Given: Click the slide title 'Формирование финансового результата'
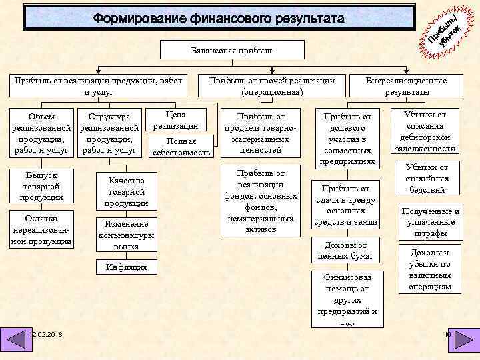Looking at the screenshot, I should point(219,18).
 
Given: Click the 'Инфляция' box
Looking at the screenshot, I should point(126,267).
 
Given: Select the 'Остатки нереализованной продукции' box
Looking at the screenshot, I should point(41,229).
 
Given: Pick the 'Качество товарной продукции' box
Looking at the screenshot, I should point(126,191).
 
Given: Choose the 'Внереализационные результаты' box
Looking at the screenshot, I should point(407,86).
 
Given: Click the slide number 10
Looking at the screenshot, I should point(447,334).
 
